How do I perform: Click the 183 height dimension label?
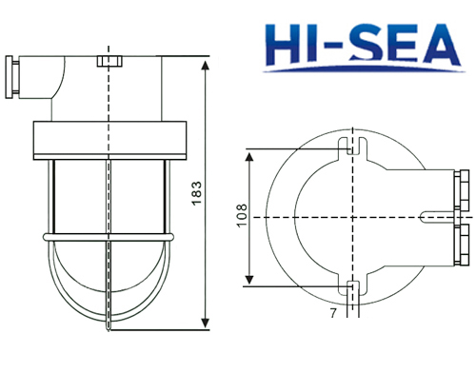point(197,193)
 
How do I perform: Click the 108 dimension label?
point(242,216)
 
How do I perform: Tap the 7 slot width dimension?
point(333,313)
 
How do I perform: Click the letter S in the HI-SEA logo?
point(364,44)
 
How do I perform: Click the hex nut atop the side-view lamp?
point(109,61)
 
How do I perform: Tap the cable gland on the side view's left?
point(12,77)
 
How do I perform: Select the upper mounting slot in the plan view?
point(352,147)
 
